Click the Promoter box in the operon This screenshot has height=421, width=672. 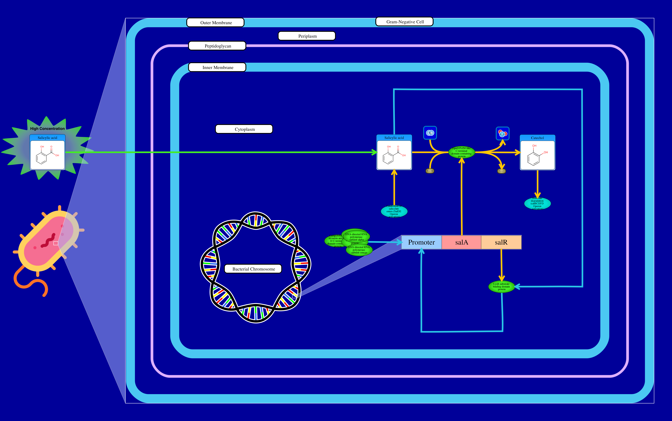click(421, 242)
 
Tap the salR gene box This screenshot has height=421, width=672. click(501, 242)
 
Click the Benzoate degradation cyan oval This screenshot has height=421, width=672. click(537, 204)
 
